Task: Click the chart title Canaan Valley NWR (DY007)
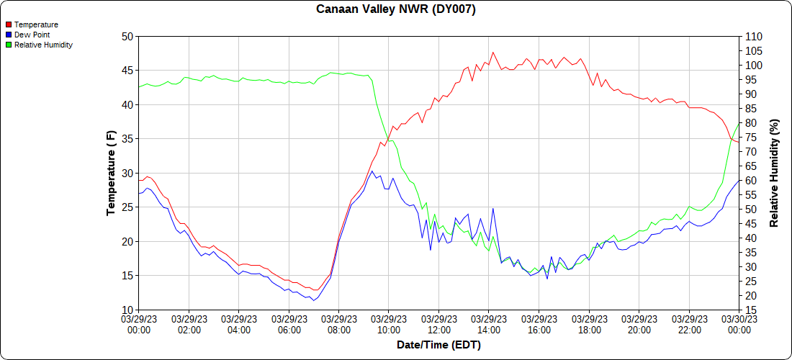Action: coord(396,9)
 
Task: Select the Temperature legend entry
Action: coord(36,24)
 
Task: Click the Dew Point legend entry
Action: coord(32,35)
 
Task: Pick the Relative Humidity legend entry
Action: coord(43,45)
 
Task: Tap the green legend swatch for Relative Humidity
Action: coord(9,45)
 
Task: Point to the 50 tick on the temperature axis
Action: coord(127,36)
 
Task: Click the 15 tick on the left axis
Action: coord(127,275)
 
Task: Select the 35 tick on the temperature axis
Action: coord(127,138)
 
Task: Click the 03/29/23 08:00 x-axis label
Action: coord(338,325)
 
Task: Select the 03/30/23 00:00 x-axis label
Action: coord(738,325)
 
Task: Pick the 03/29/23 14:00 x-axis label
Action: coord(488,325)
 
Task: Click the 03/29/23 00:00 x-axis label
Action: coord(139,325)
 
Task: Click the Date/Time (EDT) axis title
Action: coord(438,345)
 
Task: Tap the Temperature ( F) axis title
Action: coord(111,173)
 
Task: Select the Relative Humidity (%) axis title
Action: coord(774,173)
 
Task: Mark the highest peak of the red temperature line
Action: coord(492,52)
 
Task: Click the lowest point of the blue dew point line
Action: coord(312,300)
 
